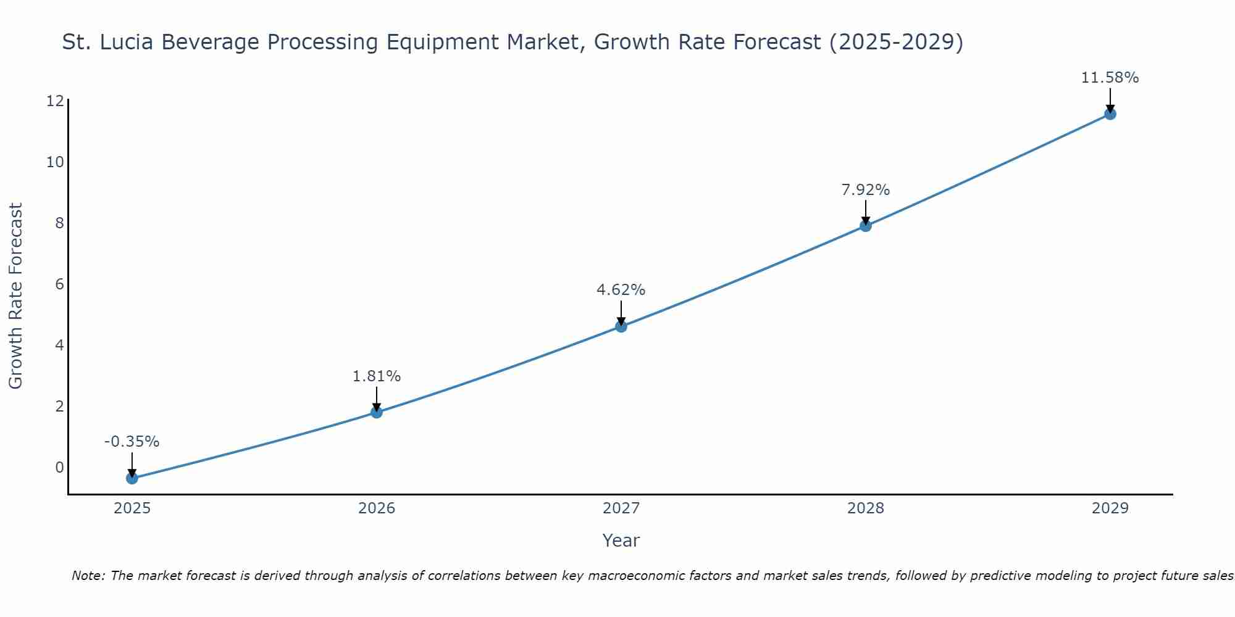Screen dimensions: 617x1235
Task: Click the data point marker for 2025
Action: (x=132, y=478)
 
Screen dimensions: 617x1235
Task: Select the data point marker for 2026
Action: (x=377, y=412)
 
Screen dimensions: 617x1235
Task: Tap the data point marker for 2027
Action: (x=621, y=326)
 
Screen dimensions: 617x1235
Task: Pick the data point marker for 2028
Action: (x=866, y=226)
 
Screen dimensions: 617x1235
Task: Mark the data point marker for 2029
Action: (x=1110, y=114)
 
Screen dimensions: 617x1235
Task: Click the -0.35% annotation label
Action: (x=132, y=442)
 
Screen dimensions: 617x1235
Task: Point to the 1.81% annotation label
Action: (x=377, y=376)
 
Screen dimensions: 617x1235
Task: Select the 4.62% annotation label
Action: (x=621, y=289)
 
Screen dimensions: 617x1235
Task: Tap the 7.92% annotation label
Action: (x=866, y=189)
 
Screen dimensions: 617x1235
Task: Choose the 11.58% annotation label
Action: (x=1110, y=78)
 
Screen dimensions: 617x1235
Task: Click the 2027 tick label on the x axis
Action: (x=621, y=508)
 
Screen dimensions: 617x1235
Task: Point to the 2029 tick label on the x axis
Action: (x=1110, y=508)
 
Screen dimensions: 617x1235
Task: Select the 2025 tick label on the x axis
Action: (x=132, y=508)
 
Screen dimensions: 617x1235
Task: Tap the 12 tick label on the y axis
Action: (x=55, y=101)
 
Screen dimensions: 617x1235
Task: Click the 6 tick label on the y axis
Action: (x=59, y=284)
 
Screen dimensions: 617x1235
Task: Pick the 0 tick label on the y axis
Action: (x=59, y=468)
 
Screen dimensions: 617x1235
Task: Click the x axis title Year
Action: (x=621, y=540)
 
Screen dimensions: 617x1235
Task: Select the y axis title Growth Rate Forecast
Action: (x=15, y=296)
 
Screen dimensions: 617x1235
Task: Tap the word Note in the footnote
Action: (x=88, y=576)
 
